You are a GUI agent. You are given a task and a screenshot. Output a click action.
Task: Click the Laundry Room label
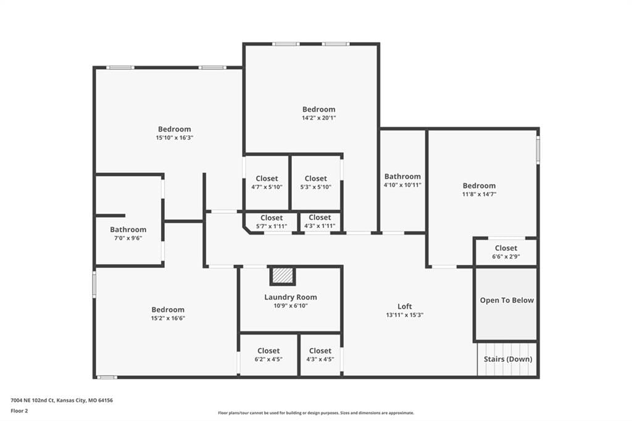pyautogui.click(x=291, y=297)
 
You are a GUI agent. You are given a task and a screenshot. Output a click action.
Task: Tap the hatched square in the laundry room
pyautogui.click(x=283, y=276)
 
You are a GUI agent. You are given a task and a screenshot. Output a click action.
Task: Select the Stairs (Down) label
pyautogui.click(x=508, y=359)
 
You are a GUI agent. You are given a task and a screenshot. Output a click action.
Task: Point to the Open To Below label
pyautogui.click(x=507, y=300)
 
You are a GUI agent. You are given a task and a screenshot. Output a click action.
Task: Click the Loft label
pyautogui.click(x=405, y=306)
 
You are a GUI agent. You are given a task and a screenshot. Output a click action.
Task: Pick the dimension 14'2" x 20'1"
pyautogui.click(x=319, y=118)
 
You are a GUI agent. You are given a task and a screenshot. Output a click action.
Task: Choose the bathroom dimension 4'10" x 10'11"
pyautogui.click(x=402, y=185)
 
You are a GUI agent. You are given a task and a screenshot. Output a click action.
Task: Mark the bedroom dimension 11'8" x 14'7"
pyautogui.click(x=479, y=194)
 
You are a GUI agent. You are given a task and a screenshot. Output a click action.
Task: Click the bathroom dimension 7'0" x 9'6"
pyautogui.click(x=128, y=238)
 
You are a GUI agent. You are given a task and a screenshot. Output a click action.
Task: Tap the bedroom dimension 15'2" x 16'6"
pyautogui.click(x=168, y=318)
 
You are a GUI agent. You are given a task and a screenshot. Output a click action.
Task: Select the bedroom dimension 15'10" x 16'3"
pyautogui.click(x=175, y=138)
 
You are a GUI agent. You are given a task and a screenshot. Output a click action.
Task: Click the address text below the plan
pyautogui.click(x=62, y=401)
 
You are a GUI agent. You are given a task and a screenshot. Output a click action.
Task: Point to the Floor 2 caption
pyautogui.click(x=19, y=411)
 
